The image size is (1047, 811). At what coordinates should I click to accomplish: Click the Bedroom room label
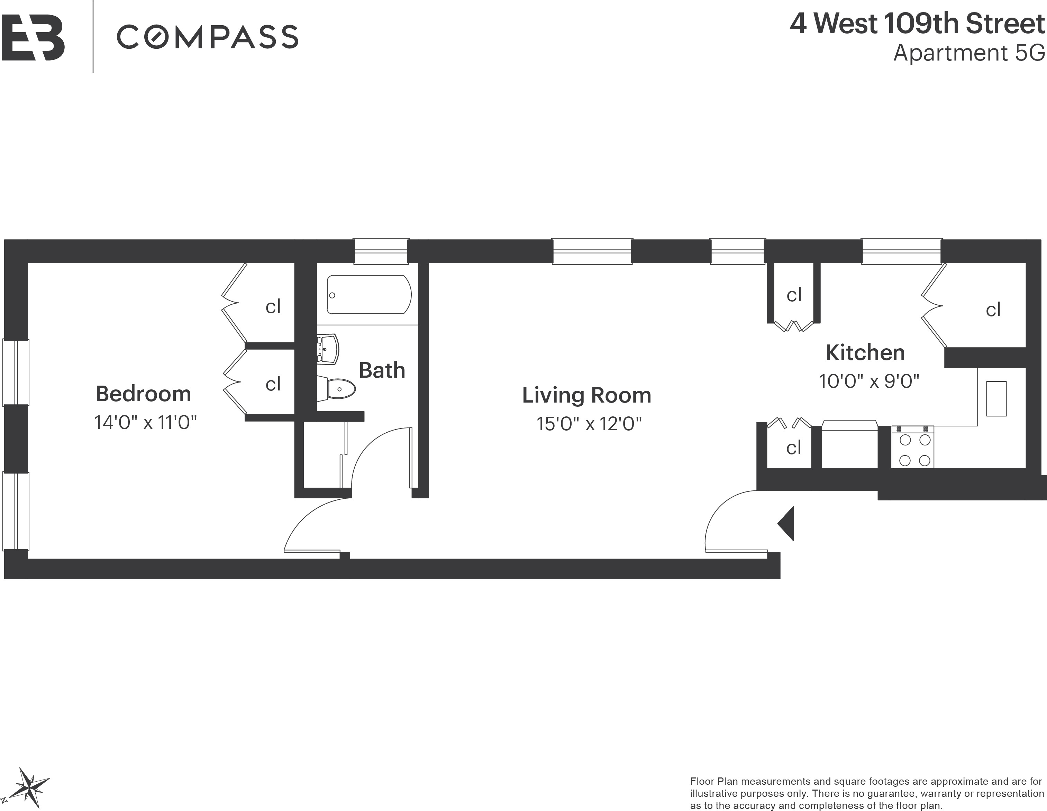click(143, 394)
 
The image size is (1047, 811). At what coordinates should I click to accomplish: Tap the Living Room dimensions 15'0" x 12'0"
click(589, 424)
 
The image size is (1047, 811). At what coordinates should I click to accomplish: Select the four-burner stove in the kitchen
click(912, 447)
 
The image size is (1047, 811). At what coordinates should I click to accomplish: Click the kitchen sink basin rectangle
click(996, 398)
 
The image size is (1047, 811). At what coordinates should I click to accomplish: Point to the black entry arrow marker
click(786, 523)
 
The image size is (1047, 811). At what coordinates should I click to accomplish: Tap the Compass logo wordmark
click(208, 37)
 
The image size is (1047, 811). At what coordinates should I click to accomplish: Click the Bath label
click(382, 370)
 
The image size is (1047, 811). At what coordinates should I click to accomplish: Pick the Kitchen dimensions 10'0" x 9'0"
click(869, 381)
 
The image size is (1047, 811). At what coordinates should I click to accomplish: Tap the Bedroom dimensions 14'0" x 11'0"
click(146, 423)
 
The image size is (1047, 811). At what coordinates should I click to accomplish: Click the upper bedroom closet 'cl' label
click(273, 307)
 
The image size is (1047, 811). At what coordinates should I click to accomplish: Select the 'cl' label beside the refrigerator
click(793, 448)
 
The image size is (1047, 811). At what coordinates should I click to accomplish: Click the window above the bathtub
click(381, 251)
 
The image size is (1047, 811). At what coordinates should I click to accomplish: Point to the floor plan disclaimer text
click(867, 794)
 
